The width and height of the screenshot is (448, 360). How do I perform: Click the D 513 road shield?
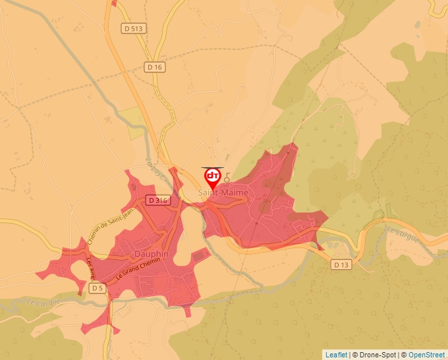pos(133,28)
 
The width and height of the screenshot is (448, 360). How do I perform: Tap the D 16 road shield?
pos(154,67)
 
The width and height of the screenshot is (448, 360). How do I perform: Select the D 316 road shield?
pos(158,200)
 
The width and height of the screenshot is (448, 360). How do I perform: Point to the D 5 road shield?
pos(98,288)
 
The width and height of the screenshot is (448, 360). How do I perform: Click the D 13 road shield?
pos(340,265)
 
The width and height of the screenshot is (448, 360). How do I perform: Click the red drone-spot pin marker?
pos(213,178)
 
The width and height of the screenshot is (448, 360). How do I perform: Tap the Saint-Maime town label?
pos(224,193)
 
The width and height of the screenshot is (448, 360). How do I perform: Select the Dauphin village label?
pos(152,254)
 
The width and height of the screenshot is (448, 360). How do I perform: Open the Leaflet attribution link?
pos(336,355)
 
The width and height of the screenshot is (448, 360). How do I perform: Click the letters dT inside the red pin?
pos(213,175)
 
